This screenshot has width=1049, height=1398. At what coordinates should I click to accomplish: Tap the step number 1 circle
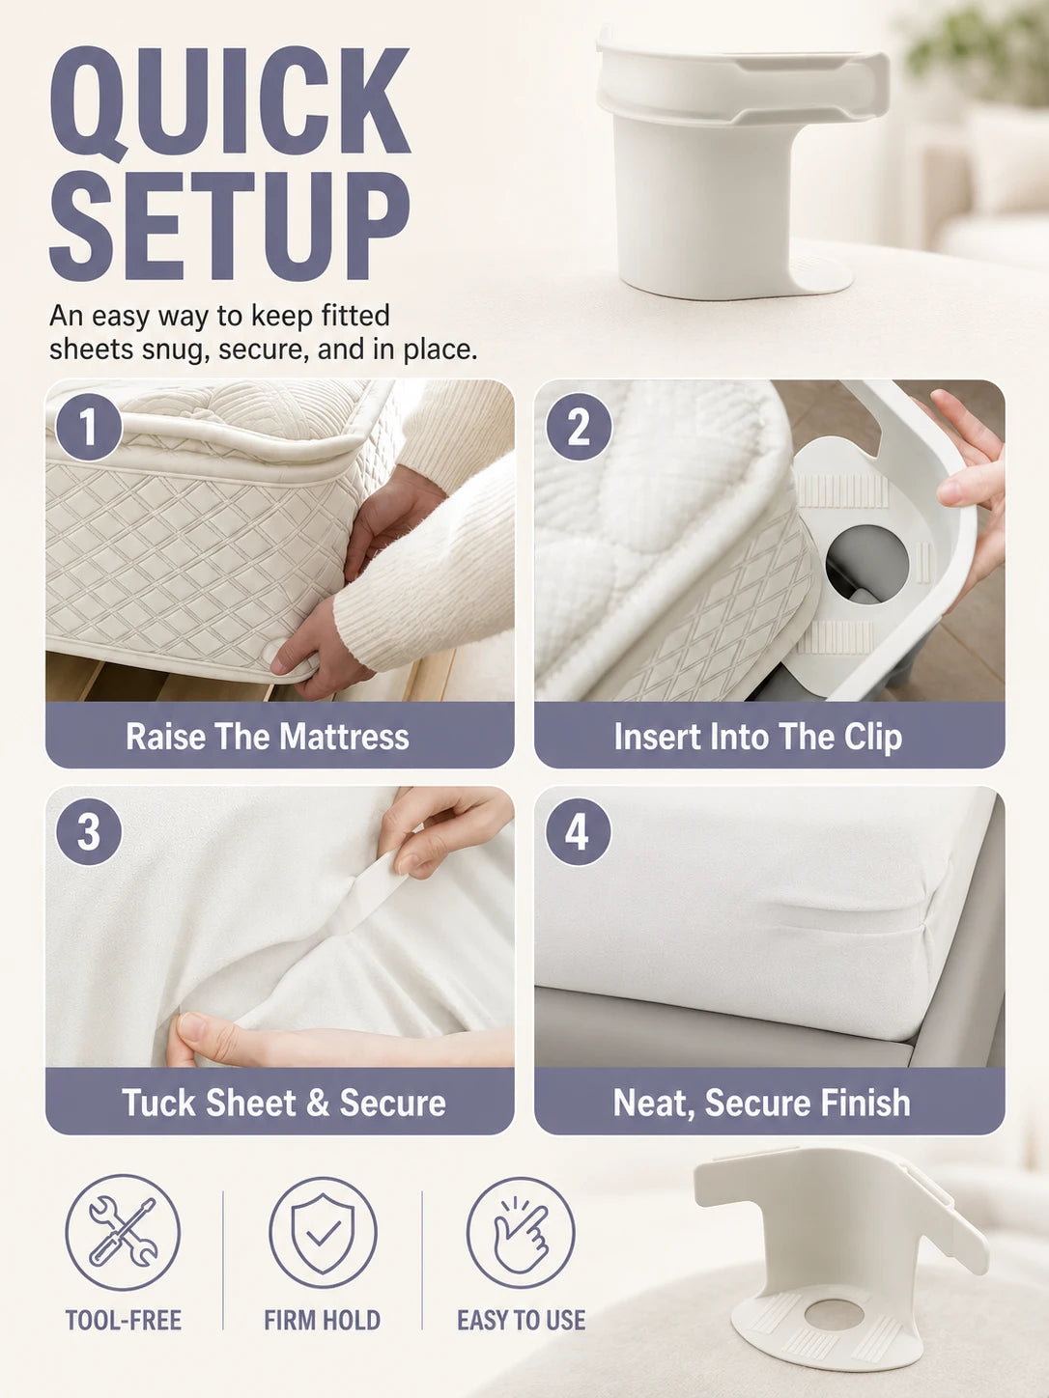(x=89, y=427)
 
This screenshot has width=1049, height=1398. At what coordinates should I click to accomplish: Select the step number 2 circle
(x=579, y=427)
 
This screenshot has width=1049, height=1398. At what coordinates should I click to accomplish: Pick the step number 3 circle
(x=89, y=832)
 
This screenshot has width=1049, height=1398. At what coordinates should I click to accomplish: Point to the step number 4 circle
(x=579, y=832)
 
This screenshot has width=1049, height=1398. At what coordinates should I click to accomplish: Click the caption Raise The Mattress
(x=268, y=737)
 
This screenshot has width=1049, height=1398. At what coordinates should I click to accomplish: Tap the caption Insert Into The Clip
(x=758, y=737)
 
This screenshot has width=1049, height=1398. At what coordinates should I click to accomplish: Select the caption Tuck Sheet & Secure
(x=283, y=1103)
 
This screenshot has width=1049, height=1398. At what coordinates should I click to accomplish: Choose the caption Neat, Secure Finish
(x=762, y=1104)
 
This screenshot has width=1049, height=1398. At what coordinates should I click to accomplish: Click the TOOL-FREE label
(x=124, y=1321)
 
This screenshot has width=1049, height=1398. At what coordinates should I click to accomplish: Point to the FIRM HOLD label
(x=323, y=1321)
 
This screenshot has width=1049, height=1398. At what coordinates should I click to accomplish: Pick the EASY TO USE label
(x=521, y=1321)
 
